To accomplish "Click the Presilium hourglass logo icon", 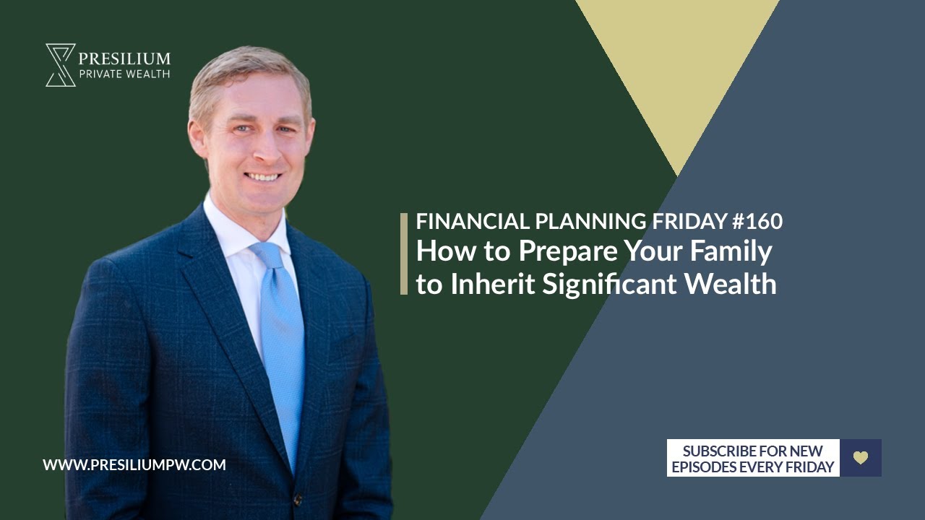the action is click(61, 65).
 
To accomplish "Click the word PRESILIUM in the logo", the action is click(124, 58).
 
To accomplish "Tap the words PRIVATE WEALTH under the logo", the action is click(124, 74).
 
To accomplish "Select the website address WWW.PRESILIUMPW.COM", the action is click(134, 465).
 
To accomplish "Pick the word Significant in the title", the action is click(609, 285).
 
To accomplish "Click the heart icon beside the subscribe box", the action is click(861, 458).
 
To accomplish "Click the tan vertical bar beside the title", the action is click(404, 253).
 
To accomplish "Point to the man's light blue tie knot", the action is click(267, 253).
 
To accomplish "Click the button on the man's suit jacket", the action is click(297, 499).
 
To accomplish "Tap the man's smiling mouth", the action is click(262, 177).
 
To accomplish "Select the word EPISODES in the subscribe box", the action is click(704, 467).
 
